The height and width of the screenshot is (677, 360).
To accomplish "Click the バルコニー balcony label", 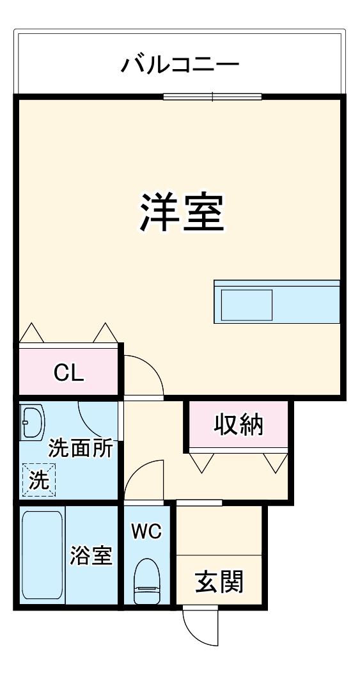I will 180,65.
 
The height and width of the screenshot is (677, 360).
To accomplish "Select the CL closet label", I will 68,373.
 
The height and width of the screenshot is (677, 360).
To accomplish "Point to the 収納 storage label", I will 237,424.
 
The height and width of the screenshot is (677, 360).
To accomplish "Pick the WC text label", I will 146,530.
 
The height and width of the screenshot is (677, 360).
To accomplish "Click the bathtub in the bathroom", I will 42,554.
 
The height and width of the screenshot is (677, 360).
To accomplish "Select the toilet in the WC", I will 148,580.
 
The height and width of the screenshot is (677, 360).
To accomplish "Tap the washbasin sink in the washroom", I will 30,423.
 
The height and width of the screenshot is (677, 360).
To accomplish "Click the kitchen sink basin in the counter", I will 247,305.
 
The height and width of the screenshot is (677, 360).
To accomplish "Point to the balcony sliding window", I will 212,97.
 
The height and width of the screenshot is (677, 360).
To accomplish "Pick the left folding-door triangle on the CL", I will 31,333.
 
